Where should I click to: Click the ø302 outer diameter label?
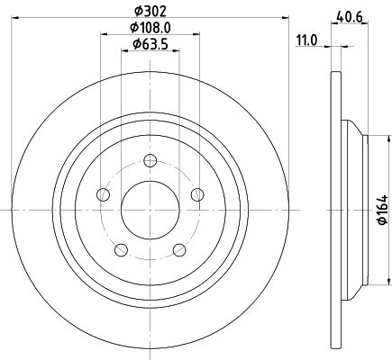[150, 11]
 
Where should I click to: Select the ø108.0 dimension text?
[150, 28]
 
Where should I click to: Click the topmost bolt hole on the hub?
[150, 163]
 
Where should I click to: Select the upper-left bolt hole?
[104, 195]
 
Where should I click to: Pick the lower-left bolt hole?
[121, 249]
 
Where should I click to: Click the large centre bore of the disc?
[150, 211]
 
